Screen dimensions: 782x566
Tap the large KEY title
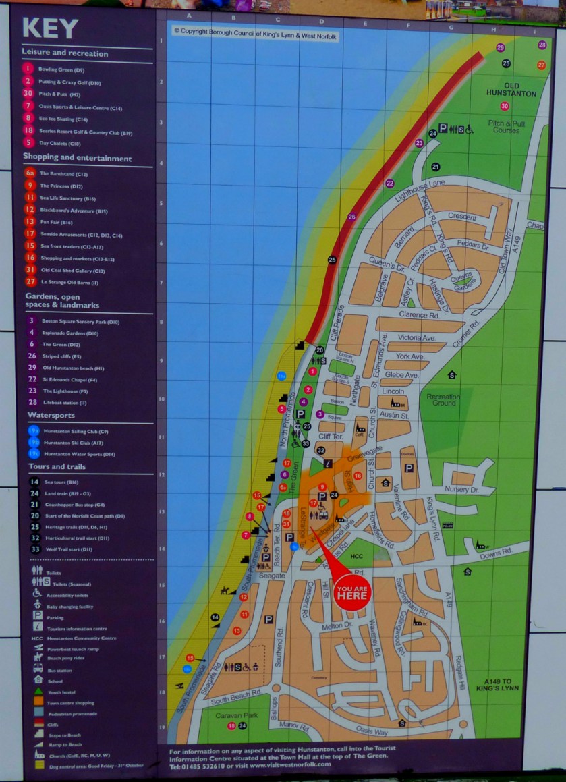(x=50, y=28)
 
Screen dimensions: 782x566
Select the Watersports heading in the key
(x=51, y=415)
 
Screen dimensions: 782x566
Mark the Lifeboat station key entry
(x=64, y=403)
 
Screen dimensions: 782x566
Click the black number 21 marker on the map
(x=436, y=167)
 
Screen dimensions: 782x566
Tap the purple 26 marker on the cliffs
(x=351, y=217)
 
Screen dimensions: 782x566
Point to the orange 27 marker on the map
(x=541, y=65)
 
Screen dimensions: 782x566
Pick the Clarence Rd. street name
(x=424, y=314)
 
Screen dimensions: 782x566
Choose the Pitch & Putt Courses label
(x=507, y=126)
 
